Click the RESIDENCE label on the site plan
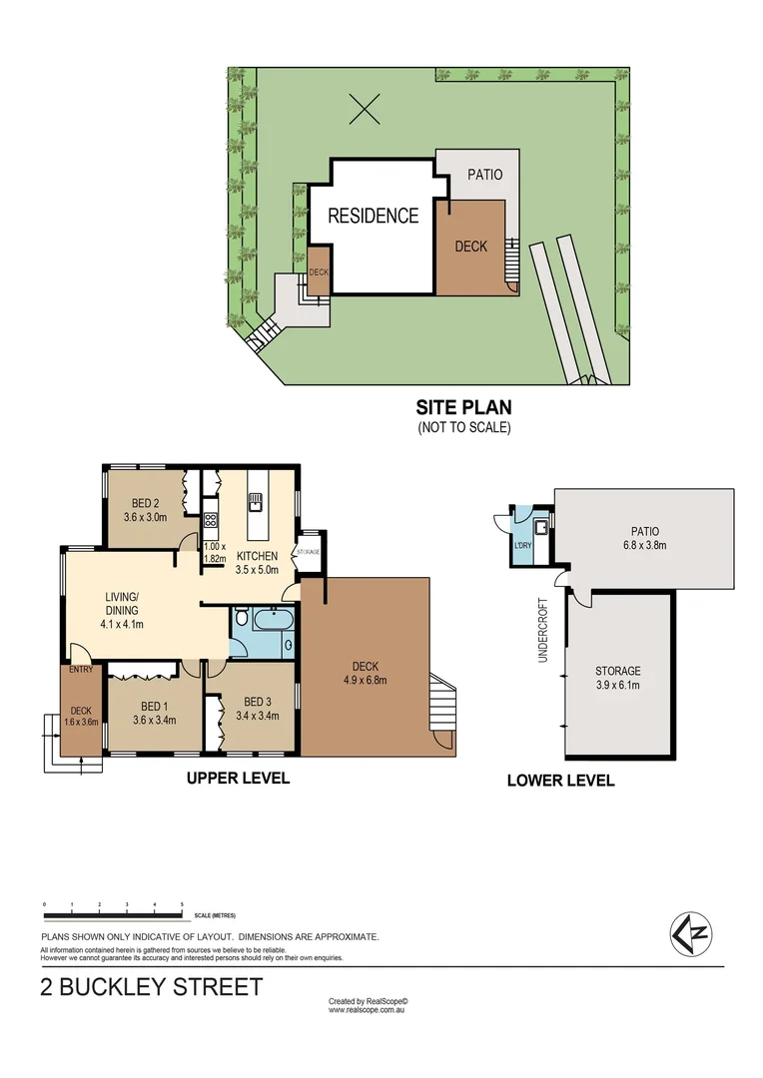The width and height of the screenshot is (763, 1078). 373,215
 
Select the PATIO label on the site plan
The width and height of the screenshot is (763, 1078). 485,175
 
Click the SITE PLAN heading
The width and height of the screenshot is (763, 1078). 463,407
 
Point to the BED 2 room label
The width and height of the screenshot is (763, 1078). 145,503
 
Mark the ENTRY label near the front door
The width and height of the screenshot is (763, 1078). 81,670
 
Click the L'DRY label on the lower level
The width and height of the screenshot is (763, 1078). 522,545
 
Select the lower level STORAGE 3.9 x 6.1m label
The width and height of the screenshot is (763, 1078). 617,678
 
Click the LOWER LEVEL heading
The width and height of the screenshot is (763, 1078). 560,781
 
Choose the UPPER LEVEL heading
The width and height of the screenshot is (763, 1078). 238,778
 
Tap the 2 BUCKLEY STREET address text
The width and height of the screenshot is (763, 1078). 152,988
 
